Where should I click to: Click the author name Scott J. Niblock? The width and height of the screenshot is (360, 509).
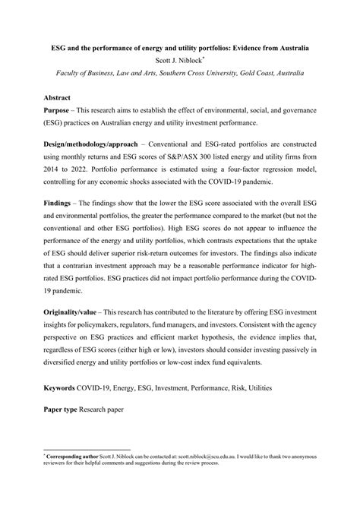coord(180,61)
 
